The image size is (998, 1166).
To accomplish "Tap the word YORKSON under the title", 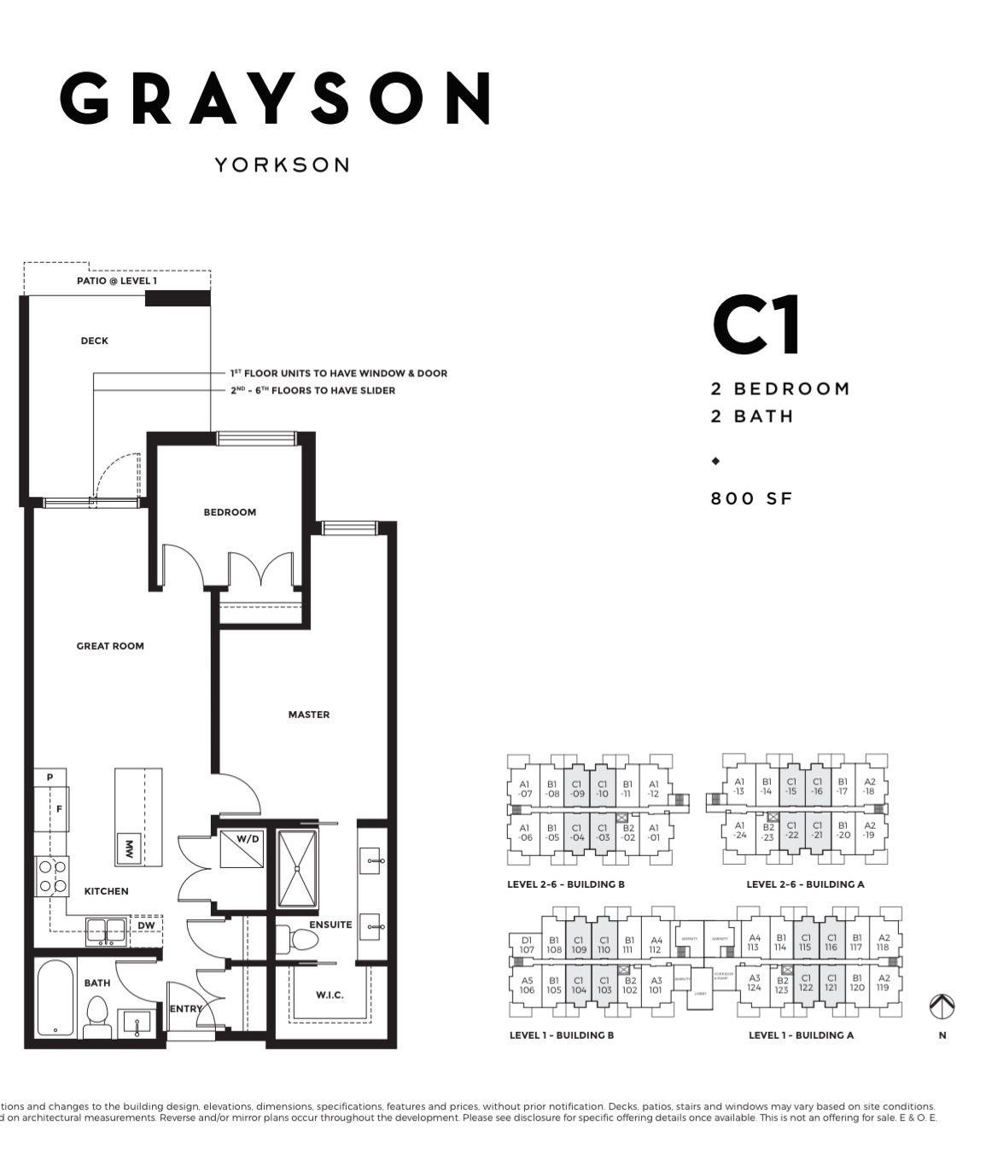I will [282, 165].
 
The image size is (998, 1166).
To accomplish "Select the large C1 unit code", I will [756, 325].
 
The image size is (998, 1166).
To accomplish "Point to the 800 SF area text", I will [751, 498].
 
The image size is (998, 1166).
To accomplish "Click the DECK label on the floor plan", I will [95, 341].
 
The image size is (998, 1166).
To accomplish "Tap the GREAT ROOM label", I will [110, 646].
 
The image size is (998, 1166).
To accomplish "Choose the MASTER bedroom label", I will [308, 714].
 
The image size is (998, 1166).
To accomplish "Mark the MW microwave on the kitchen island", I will [129, 848].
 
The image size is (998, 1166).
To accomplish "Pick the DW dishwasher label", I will [146, 924].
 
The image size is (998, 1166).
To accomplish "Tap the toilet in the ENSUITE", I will [302, 941].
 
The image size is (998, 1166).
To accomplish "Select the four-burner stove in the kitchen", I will [53, 877].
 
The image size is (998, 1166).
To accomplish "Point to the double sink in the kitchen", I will [107, 930].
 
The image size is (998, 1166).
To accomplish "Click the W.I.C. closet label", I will [330, 994].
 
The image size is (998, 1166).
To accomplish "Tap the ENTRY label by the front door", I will [185, 1009].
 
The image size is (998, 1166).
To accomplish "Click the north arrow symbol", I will [942, 1007].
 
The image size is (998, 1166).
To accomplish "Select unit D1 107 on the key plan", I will [526, 945].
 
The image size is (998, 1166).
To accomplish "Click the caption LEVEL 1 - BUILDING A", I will [801, 1035].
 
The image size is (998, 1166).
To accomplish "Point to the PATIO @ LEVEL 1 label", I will [117, 281].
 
